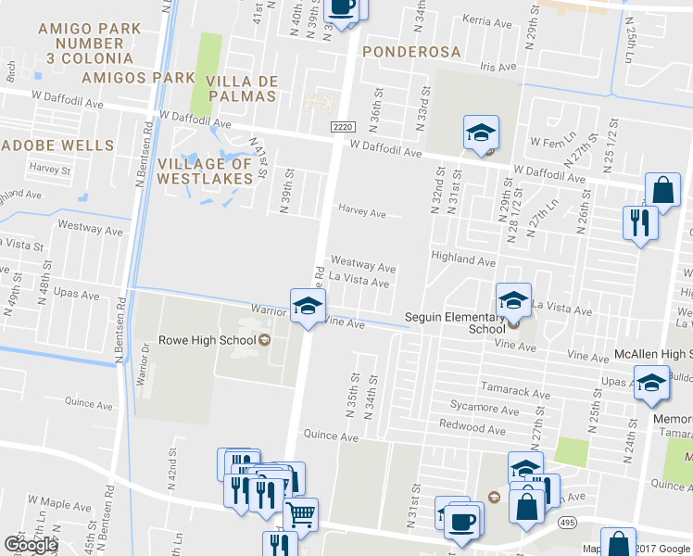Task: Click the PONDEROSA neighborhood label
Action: [409, 50]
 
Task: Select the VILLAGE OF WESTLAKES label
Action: [206, 171]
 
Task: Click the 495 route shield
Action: [567, 524]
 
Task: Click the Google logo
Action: [30, 545]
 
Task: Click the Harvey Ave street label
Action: [361, 213]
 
